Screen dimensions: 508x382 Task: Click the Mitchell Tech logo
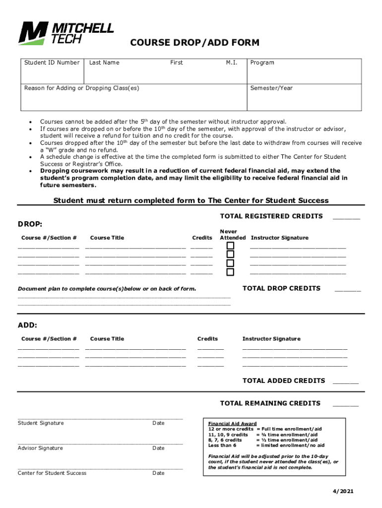66,33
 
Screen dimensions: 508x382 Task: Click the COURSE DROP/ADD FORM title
194,43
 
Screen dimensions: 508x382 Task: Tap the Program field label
262,63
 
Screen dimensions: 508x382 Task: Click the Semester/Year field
304,99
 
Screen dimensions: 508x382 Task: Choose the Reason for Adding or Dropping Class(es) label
82,88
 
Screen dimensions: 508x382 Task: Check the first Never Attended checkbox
230,246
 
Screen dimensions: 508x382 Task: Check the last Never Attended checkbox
230,272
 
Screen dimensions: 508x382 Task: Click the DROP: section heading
30,225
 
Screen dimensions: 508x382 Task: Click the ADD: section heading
28,325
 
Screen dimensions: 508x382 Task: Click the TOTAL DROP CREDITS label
281,288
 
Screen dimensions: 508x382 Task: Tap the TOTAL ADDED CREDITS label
283,381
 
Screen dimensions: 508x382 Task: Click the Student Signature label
41,423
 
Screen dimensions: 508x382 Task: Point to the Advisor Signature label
40,448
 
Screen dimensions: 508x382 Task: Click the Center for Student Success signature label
52,473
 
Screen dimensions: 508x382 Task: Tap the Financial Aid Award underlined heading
232,424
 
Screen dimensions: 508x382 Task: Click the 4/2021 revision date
343,492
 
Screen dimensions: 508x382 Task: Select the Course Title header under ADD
107,339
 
